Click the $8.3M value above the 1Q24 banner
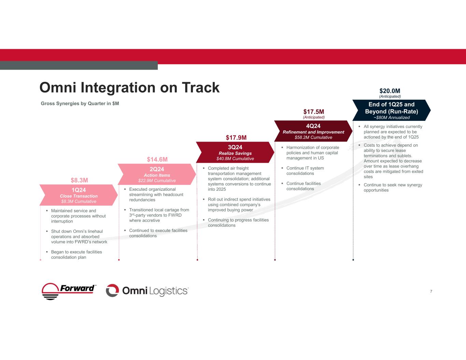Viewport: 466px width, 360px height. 79,180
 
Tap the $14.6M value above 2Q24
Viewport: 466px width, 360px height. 157,159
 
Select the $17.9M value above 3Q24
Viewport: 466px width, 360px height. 236,138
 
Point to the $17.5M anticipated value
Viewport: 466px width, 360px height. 313,112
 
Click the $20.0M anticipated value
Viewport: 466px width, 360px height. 390,91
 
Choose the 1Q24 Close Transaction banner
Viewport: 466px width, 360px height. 79,195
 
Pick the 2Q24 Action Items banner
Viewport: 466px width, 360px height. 157,174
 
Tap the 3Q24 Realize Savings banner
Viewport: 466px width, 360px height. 235,152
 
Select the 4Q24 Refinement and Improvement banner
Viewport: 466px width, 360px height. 313,131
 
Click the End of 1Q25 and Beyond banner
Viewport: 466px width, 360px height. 392,110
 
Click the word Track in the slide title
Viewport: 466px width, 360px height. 201,87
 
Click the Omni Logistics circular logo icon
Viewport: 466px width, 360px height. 112,291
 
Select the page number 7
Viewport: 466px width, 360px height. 431,291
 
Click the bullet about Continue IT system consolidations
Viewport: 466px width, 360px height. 305,171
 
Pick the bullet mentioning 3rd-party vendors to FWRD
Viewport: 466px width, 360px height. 159,215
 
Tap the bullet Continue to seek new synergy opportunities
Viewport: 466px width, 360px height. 393,187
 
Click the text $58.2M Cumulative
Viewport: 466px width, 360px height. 313,138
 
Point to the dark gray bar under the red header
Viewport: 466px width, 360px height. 79,66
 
